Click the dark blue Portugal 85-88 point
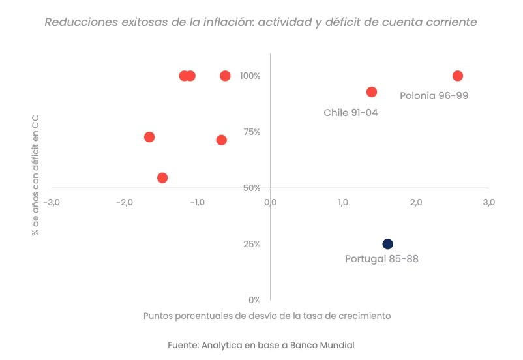[x=387, y=244]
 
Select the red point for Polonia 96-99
[x=458, y=76]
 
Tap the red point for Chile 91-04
[x=372, y=92]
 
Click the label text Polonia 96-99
[x=434, y=95]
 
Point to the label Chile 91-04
[x=351, y=113]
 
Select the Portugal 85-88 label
[x=381, y=258]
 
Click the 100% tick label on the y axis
[x=250, y=76]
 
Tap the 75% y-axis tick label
[x=251, y=132]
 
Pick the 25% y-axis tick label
[x=251, y=244]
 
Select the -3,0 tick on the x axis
[x=51, y=202]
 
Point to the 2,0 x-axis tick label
[x=416, y=202]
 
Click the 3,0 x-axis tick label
[x=489, y=202]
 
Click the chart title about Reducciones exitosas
[x=261, y=22]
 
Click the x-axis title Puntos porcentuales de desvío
[x=267, y=316]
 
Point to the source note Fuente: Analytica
[x=261, y=344]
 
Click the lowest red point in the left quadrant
[x=162, y=178]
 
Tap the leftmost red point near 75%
[x=149, y=137]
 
